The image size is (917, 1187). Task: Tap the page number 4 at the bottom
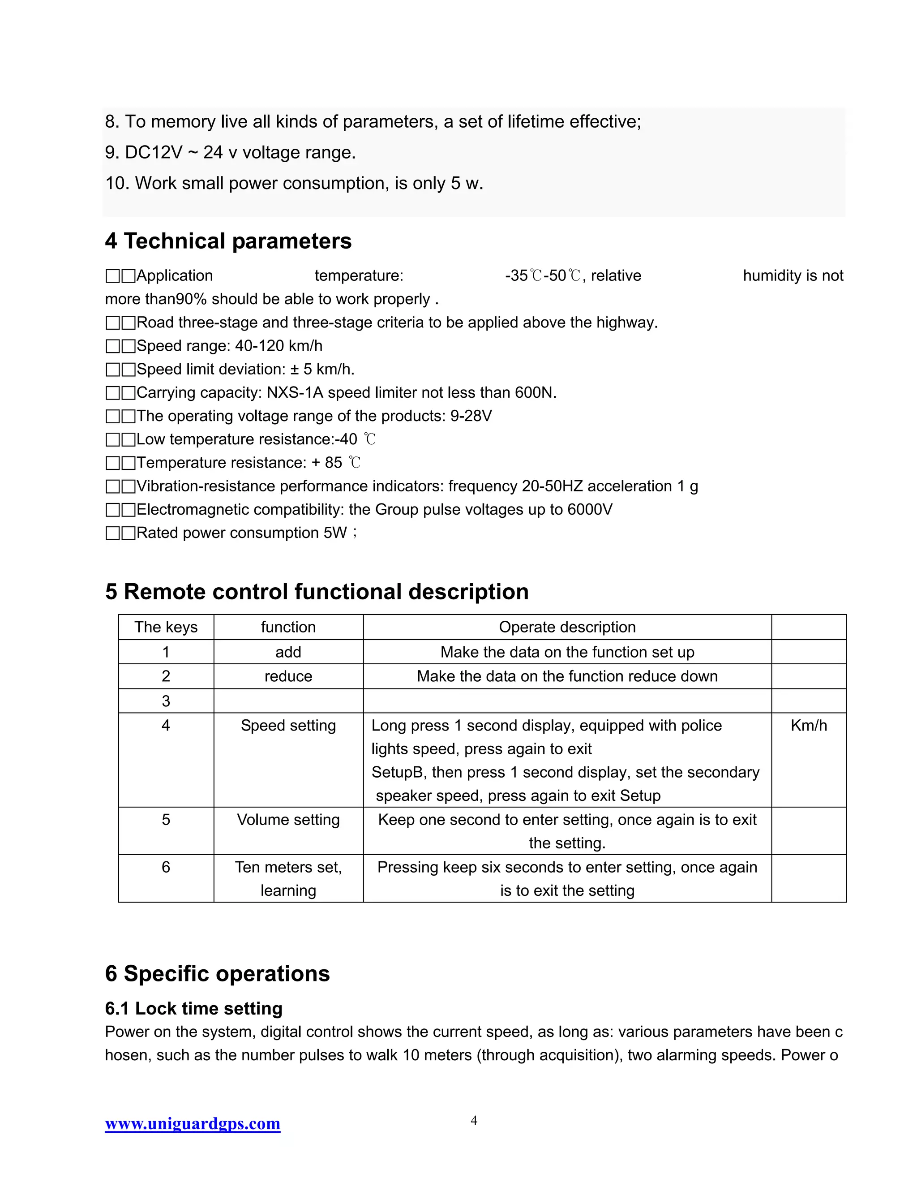coord(473,1120)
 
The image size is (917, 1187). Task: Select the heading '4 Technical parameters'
coord(228,241)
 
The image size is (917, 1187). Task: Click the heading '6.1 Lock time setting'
coord(193,1008)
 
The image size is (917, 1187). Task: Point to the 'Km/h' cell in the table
coord(808,726)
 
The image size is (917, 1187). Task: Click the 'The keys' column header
coord(166,627)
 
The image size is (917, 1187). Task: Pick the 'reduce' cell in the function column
coord(288,676)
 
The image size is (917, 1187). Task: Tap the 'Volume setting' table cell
coord(288,820)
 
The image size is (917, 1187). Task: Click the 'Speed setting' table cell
coord(288,726)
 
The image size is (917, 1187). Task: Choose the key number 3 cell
coord(166,701)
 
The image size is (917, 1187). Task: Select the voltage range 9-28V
coord(471,416)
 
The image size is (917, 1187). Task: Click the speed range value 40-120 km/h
coord(278,346)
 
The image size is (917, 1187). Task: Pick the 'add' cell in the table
coord(288,652)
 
